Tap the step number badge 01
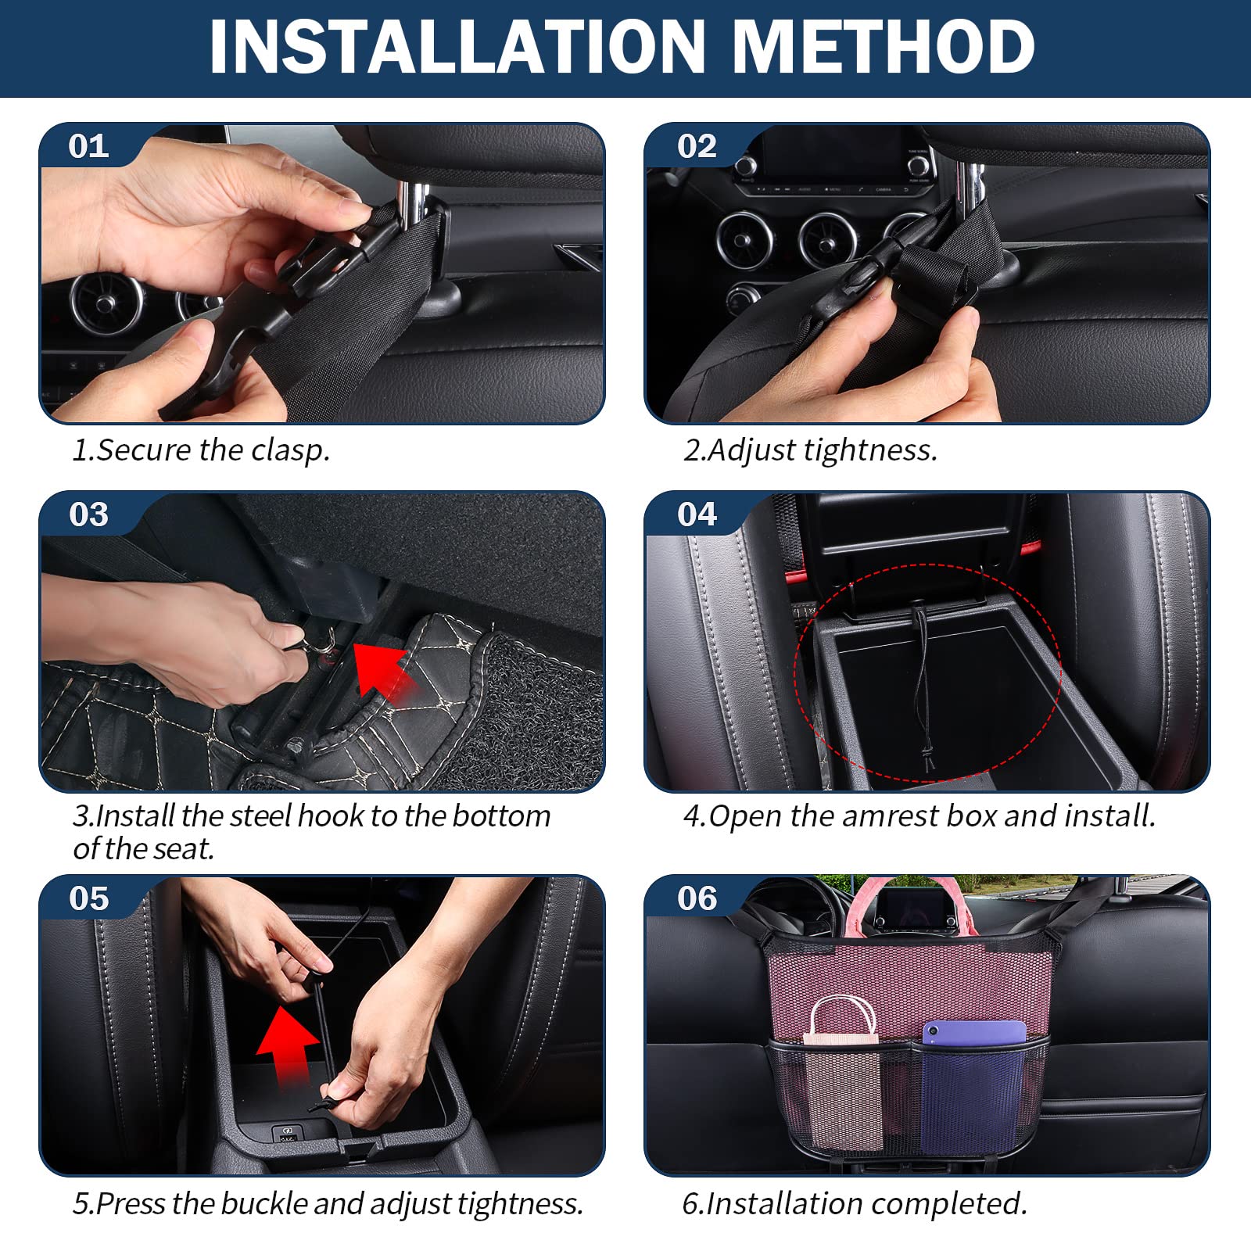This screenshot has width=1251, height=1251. point(88,146)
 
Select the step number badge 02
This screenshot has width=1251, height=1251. point(697,146)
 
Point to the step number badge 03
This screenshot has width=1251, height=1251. point(88,514)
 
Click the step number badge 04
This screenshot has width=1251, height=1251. point(697,514)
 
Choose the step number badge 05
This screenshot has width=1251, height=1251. point(88,898)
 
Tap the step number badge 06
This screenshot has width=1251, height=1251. point(697,898)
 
